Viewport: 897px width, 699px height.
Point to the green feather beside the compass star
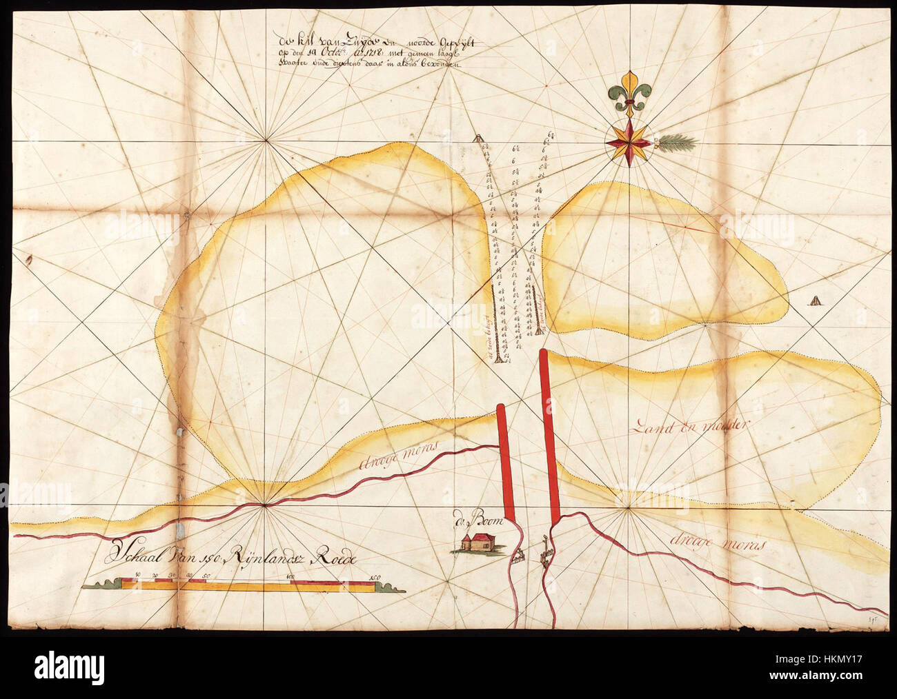(677, 143)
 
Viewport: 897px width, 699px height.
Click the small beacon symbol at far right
(817, 301)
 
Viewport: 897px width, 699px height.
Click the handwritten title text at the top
(373, 52)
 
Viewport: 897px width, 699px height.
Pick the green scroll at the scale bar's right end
(391, 587)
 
